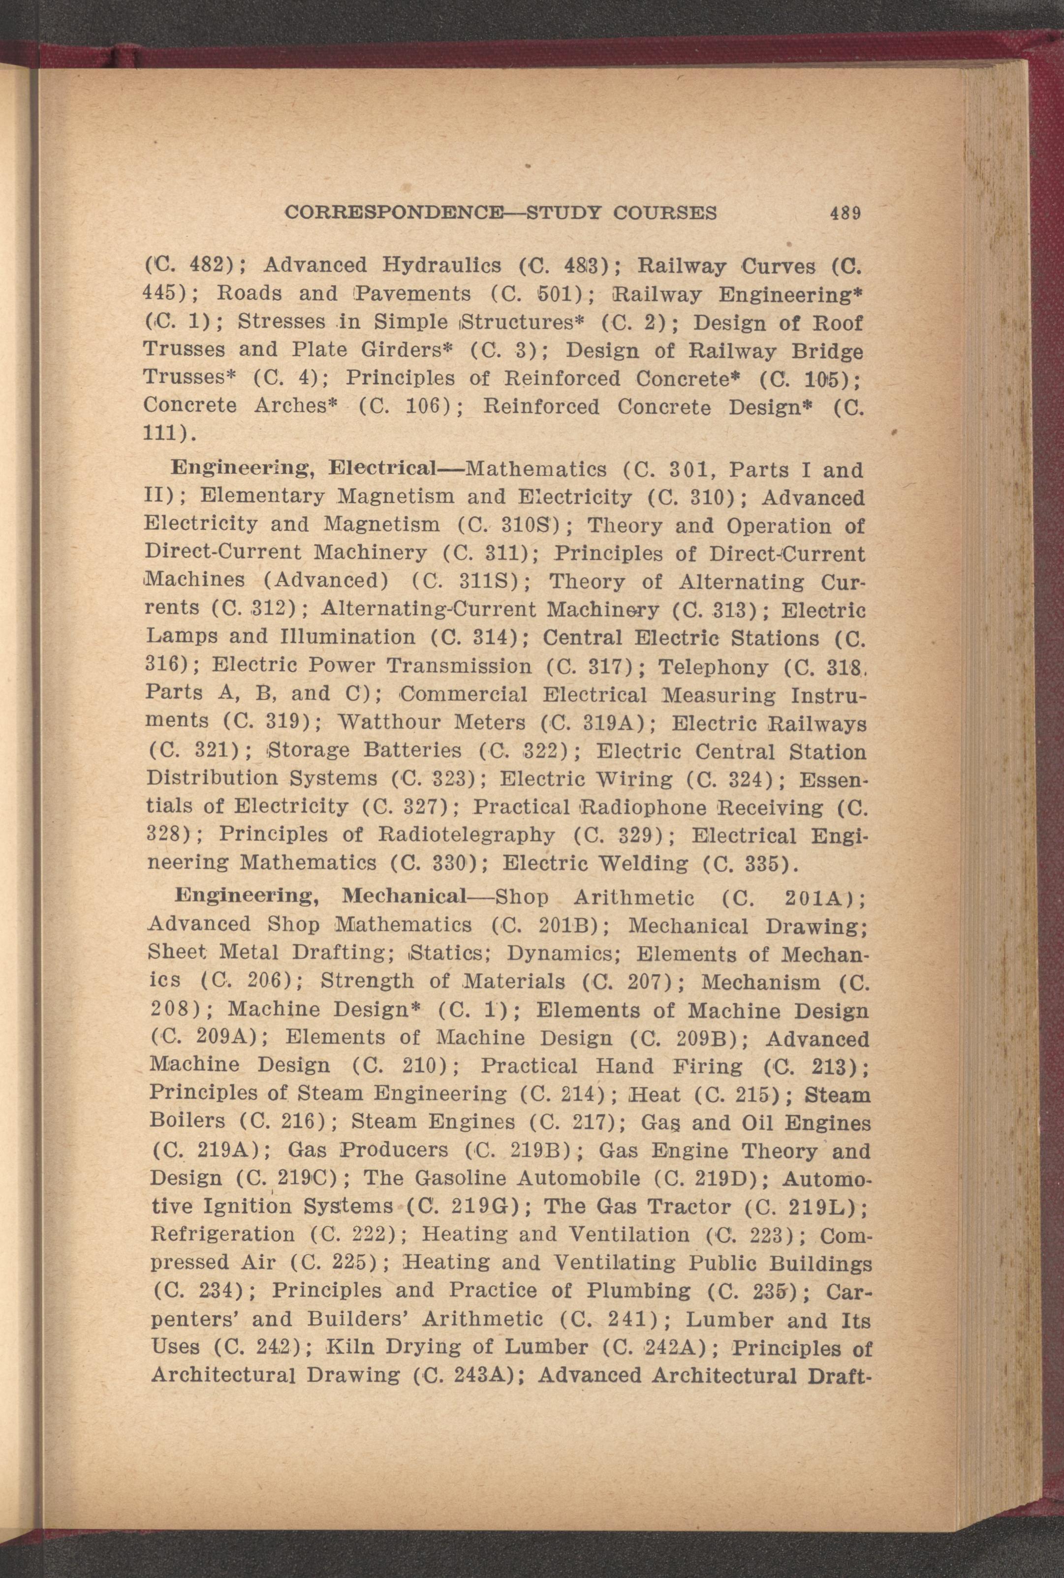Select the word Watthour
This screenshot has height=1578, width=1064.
[x=389, y=722]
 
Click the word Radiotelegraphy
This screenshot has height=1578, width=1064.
[x=466, y=835]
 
